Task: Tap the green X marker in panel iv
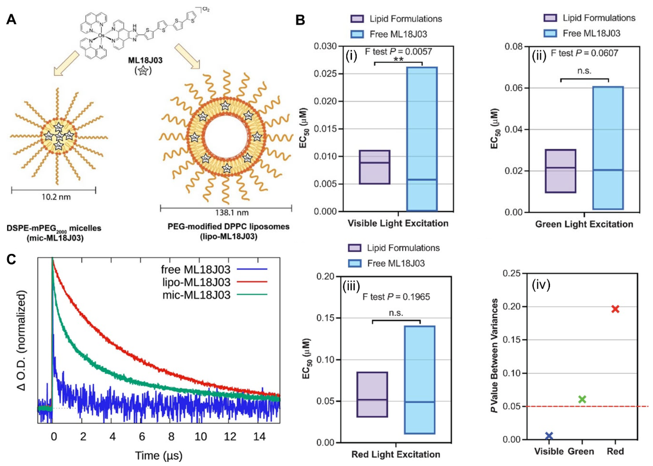click(x=582, y=399)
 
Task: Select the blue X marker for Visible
click(x=549, y=436)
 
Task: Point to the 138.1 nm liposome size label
click(x=232, y=213)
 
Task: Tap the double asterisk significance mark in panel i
click(x=399, y=60)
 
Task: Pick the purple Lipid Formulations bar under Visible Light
click(x=374, y=167)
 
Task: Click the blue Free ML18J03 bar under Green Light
click(x=608, y=148)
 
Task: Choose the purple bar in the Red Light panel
click(x=372, y=394)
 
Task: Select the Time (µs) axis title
click(x=159, y=455)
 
